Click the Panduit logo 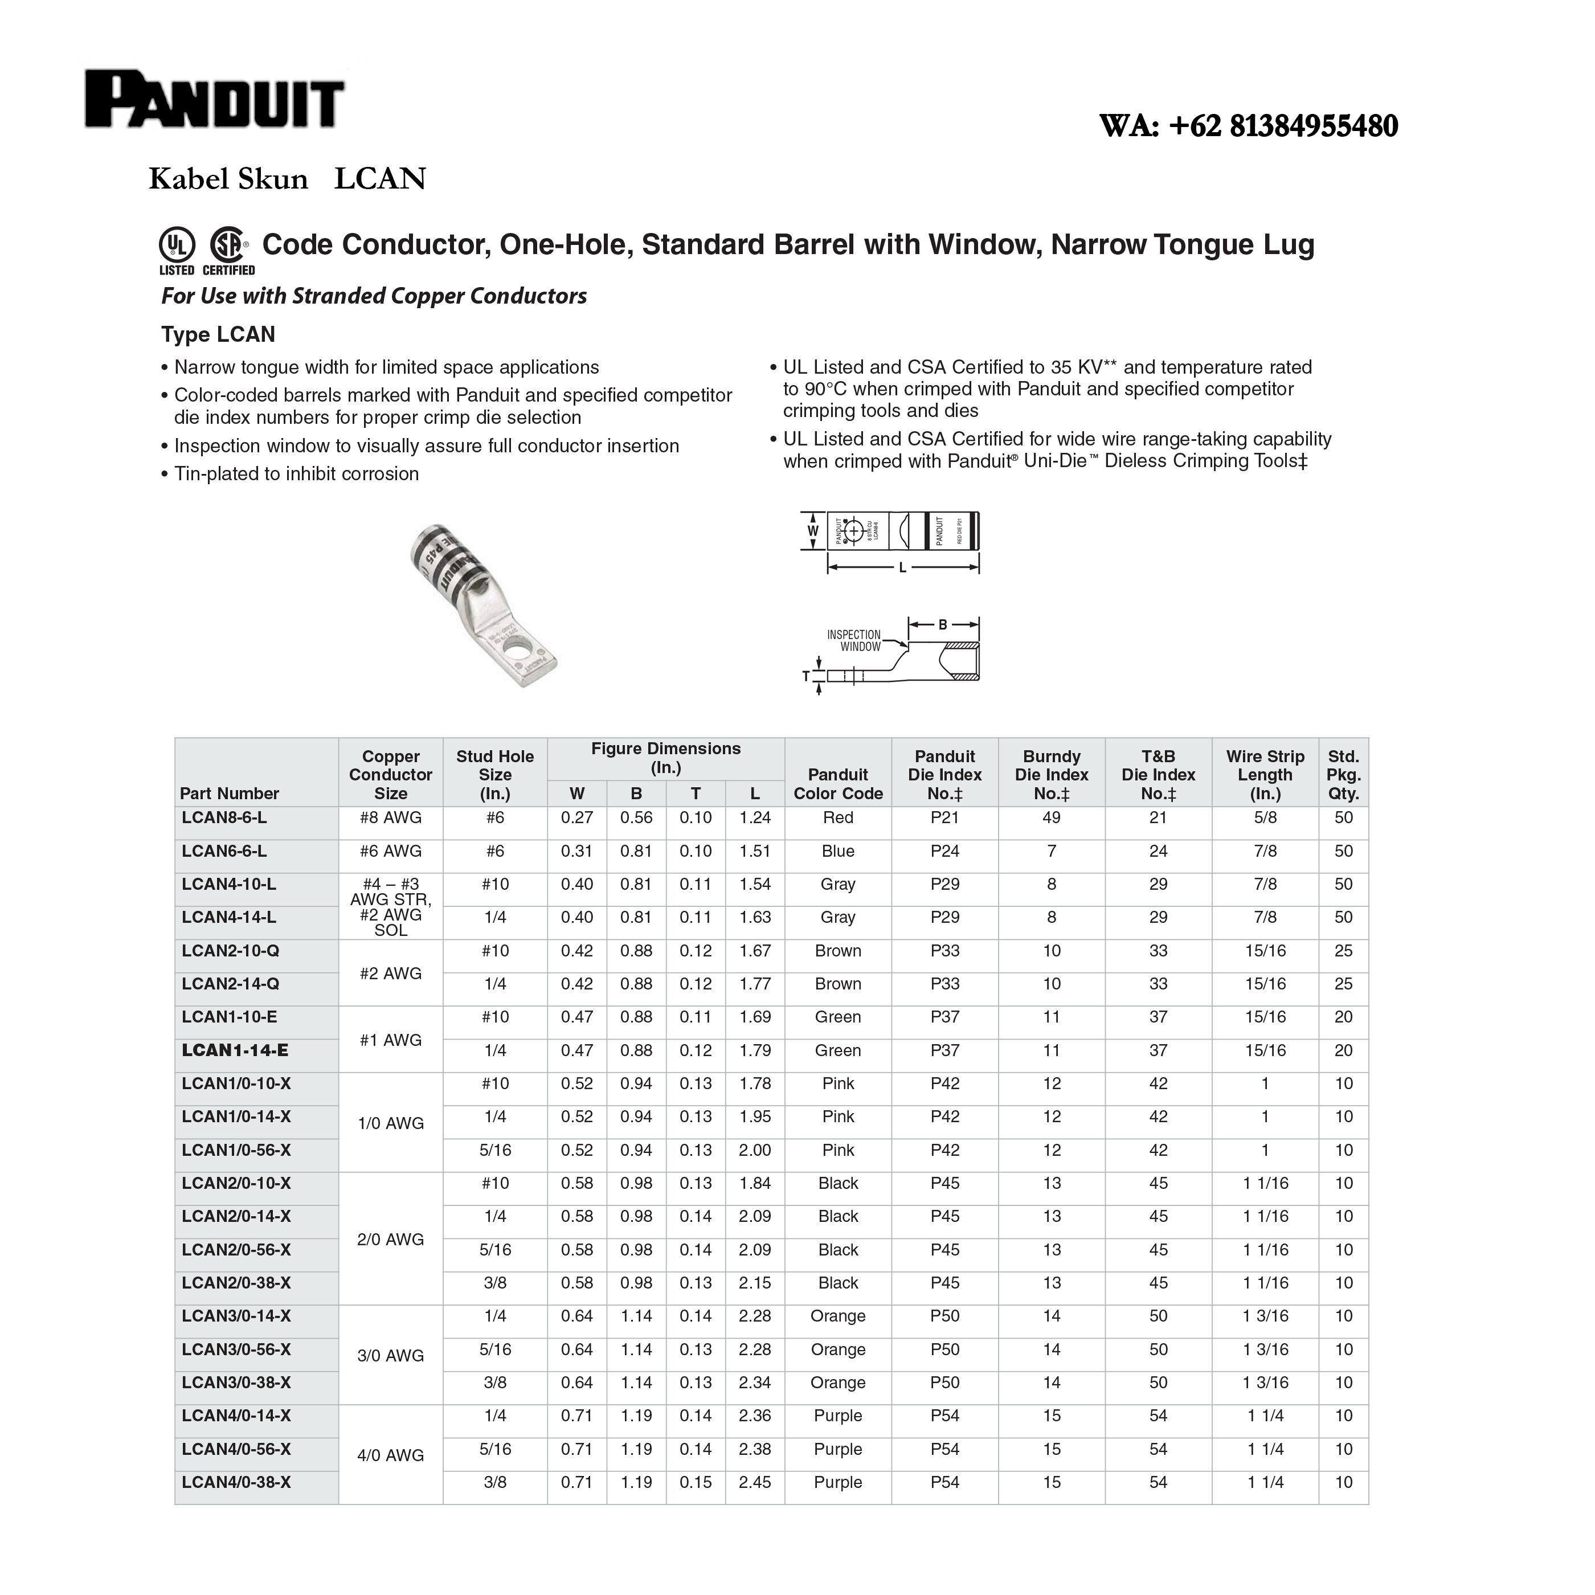pos(215,100)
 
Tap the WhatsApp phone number pos(1248,125)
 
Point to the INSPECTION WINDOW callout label pos(854,641)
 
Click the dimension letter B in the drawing pos(943,625)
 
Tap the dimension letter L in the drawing pos(902,568)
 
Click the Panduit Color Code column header pos(838,783)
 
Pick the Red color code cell pos(838,817)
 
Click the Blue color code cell pos(838,851)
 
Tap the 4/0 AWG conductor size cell pos(391,1455)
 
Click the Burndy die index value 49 pos(1051,817)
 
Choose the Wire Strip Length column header pos(1265,774)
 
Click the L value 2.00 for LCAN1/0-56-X pos(755,1150)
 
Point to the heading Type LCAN pos(218,334)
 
